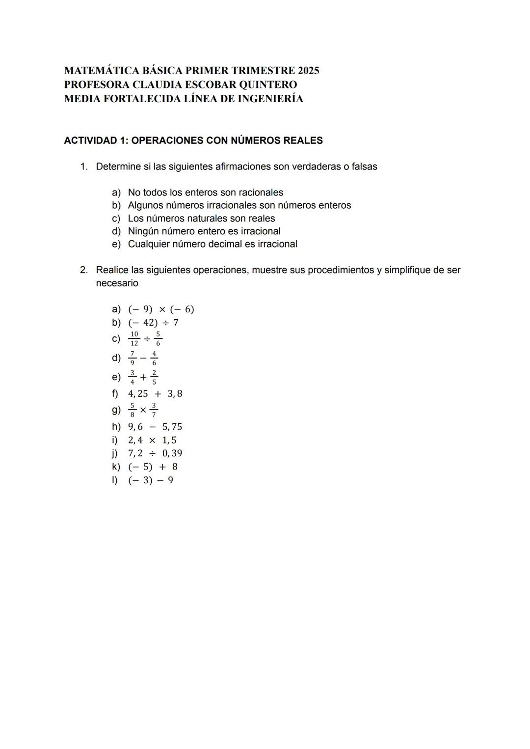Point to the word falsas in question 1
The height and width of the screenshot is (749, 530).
tap(364, 166)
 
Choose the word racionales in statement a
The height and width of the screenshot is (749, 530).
tap(261, 193)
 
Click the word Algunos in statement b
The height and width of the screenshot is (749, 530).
tap(145, 205)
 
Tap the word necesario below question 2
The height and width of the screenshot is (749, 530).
tap(117, 283)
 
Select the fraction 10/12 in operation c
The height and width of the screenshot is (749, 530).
tap(134, 338)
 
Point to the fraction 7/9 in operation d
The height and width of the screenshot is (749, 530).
tap(132, 358)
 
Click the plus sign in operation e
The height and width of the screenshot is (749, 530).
tap(143, 377)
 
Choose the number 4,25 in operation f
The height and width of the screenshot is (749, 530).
tap(138, 394)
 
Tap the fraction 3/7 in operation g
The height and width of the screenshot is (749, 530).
tap(154, 410)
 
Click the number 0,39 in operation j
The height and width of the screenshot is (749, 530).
tap(172, 453)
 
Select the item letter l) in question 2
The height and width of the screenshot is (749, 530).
tap(115, 480)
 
